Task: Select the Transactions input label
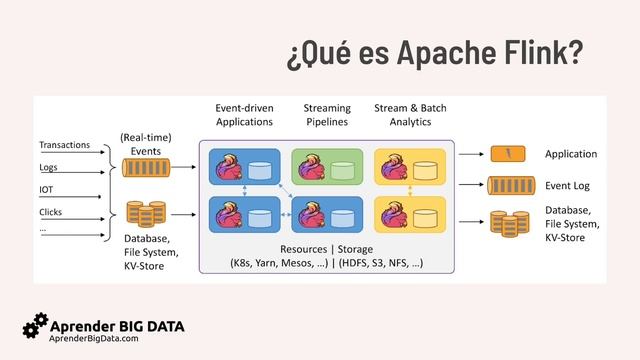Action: pos(65,146)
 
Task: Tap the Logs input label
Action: pos(49,168)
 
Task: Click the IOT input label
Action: pos(47,190)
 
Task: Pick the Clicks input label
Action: pos(51,212)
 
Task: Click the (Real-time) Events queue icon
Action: pos(146,168)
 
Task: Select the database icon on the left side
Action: pos(146,214)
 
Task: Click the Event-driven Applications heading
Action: pos(244,114)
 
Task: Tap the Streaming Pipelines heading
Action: pos(327,114)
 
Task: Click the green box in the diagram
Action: pos(327,166)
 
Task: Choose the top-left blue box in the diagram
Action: pos(245,166)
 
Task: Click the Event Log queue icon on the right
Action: pos(508,185)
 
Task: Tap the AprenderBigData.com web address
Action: pos(94,340)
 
